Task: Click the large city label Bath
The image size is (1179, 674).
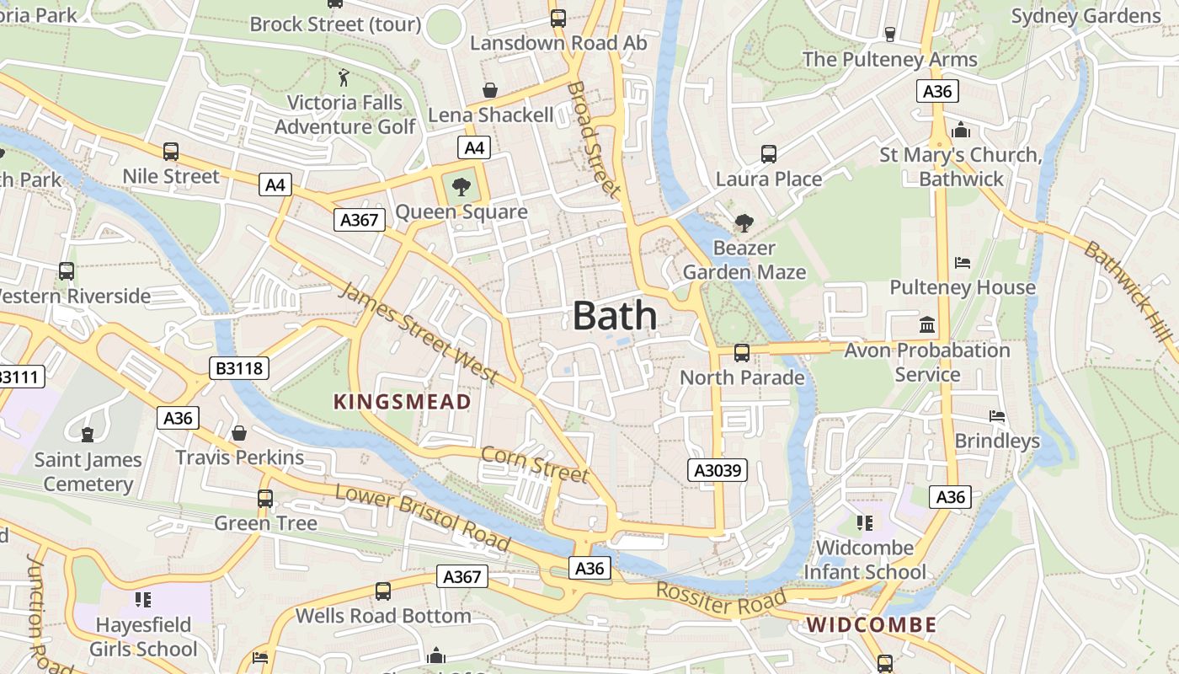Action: [615, 316]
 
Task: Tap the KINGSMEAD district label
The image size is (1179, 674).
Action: [402, 402]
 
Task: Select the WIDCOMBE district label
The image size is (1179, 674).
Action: [872, 624]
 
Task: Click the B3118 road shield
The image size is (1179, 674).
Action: [238, 368]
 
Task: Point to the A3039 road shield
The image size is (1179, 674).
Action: [718, 470]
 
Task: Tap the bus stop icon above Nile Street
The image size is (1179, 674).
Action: [171, 152]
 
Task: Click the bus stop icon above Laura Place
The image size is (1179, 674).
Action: [768, 154]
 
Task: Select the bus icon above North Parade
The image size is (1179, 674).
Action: [741, 353]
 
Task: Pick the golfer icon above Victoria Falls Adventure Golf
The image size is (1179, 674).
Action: [344, 78]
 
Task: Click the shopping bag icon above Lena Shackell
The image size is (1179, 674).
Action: [489, 90]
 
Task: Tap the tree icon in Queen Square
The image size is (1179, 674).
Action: [461, 187]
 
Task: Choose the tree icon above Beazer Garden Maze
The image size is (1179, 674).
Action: [744, 223]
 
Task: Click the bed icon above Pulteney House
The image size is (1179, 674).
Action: [963, 263]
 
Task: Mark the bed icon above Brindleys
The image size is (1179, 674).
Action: [997, 416]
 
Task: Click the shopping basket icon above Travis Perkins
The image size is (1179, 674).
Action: [239, 433]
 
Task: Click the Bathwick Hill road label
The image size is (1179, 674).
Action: [1128, 291]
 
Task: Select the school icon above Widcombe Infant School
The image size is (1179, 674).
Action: [864, 523]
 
